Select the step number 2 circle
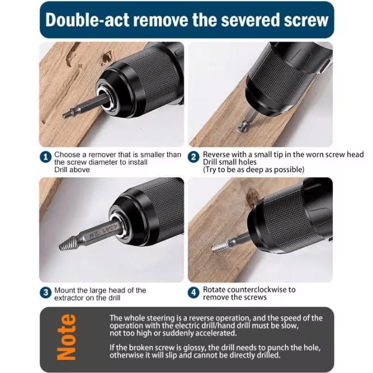pyautogui.click(x=194, y=157)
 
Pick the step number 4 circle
pyautogui.click(x=194, y=293)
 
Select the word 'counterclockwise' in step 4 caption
pyautogui.click(x=257, y=290)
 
